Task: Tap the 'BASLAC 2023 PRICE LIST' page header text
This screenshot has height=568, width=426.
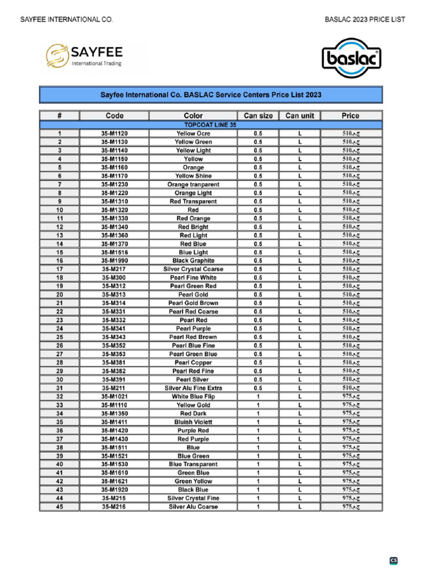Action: [364, 19]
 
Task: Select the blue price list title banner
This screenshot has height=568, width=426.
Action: [211, 95]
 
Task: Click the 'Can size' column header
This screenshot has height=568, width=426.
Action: [258, 116]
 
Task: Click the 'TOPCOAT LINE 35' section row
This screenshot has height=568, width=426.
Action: [211, 125]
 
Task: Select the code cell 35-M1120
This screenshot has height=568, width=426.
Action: [114, 134]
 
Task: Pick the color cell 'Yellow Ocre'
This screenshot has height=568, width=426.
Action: [193, 134]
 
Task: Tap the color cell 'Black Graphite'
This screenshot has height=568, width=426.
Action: [193, 261]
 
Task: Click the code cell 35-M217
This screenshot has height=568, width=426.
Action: [114, 269]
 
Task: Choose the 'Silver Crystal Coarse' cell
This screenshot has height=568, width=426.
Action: [193, 269]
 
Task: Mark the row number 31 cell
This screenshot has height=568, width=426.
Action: [59, 388]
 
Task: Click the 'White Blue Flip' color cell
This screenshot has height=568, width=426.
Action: [193, 397]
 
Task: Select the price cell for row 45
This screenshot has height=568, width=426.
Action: [350, 506]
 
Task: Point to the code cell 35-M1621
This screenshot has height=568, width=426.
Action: [114, 481]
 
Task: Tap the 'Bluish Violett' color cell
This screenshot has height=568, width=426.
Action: [193, 422]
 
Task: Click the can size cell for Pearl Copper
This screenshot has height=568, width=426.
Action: [258, 363]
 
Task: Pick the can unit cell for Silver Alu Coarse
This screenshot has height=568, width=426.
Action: [300, 506]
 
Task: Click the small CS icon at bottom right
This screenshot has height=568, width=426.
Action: [393, 561]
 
